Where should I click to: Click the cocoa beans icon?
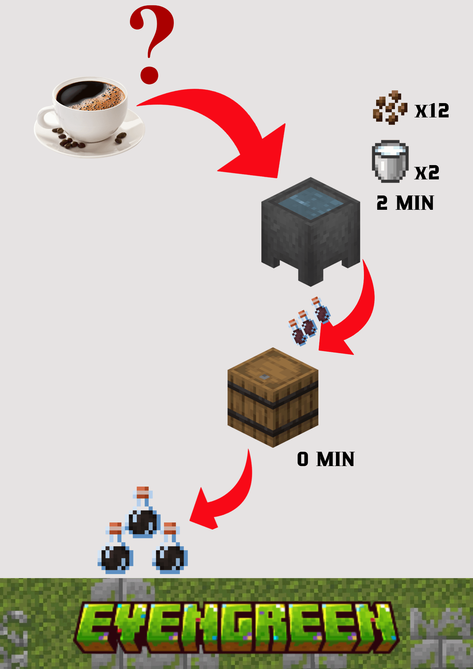390,108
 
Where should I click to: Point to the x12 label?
432,111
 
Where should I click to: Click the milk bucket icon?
390,161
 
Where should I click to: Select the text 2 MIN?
405,203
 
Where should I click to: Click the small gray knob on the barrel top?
264,377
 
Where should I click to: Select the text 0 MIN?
325,459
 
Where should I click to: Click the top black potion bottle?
142,516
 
